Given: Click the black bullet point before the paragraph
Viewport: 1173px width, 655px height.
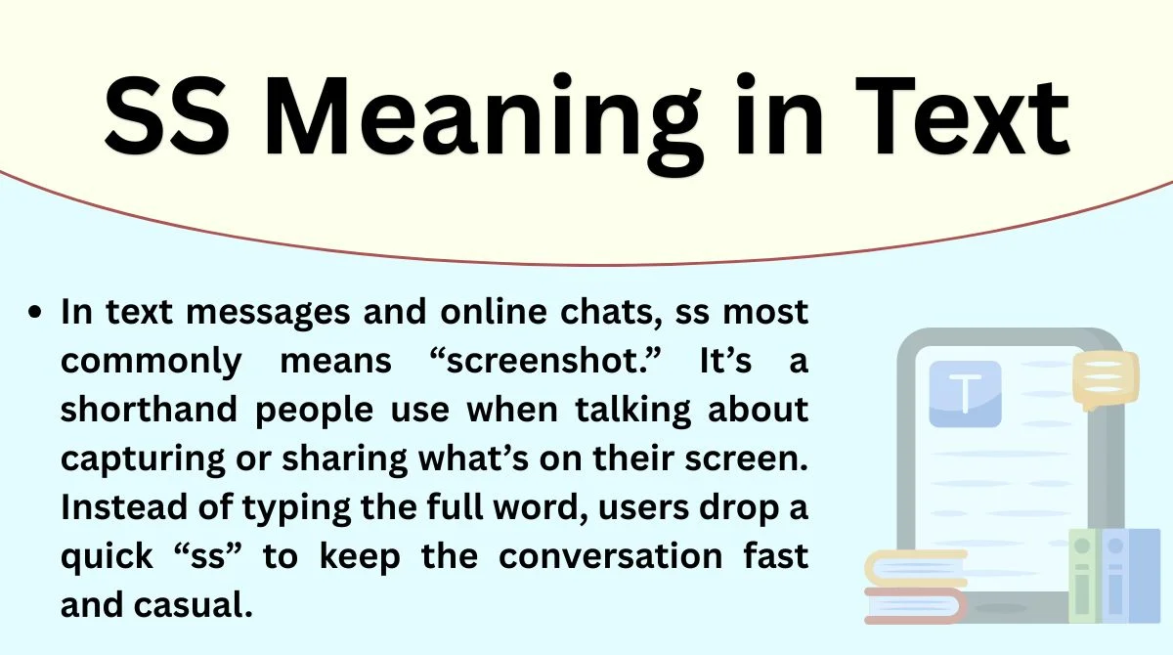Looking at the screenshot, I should click(37, 315).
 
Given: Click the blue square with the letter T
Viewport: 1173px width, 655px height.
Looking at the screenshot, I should click(965, 394).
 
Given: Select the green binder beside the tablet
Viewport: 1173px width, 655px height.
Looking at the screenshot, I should click(1082, 577).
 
